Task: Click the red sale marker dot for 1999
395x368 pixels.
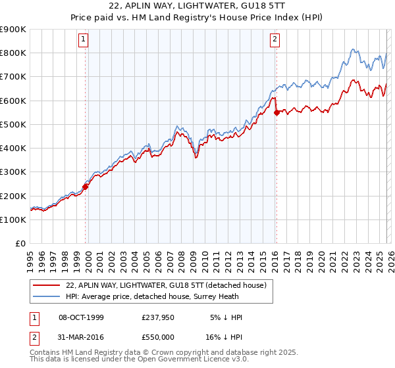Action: coord(86,187)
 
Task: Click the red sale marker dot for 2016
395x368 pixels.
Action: coord(276,112)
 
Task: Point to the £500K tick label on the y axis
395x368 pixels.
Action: coord(13,124)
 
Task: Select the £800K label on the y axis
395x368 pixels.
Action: coord(13,53)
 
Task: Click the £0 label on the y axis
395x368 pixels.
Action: coord(19,243)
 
